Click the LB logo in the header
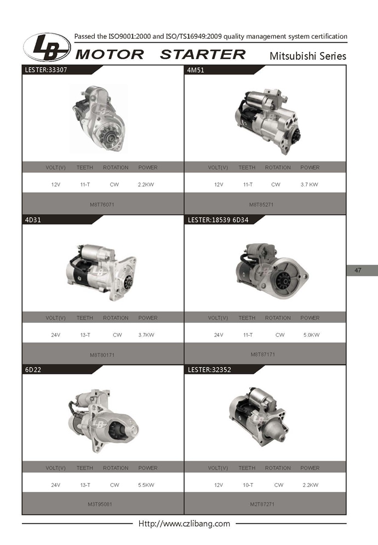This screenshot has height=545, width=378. [47, 48]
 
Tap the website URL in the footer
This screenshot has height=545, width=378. [184, 524]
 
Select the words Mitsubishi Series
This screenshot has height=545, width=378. [308, 56]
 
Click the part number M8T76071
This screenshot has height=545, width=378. [102, 204]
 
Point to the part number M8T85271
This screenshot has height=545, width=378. [261, 204]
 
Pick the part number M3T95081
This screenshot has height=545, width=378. [100, 504]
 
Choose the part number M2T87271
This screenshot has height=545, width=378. [262, 504]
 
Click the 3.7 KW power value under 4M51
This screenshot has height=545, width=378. [309, 185]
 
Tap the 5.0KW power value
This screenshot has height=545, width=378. [311, 335]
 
